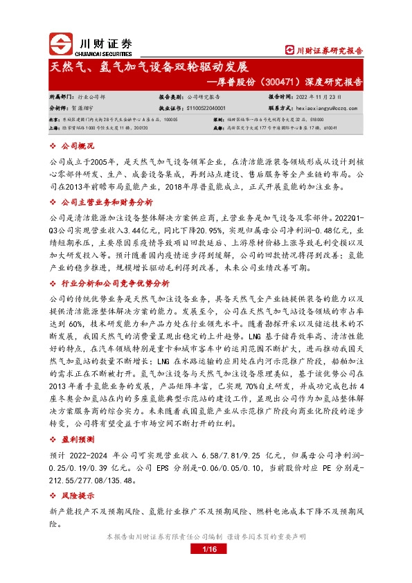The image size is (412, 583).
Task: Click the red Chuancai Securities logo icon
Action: pyautogui.click(x=60, y=44)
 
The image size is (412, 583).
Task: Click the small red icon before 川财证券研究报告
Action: pyautogui.click(x=290, y=50)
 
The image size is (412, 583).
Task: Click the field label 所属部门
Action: pyautogui.click(x=62, y=98)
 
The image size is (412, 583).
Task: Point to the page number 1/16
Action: pyautogui.click(x=206, y=549)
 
